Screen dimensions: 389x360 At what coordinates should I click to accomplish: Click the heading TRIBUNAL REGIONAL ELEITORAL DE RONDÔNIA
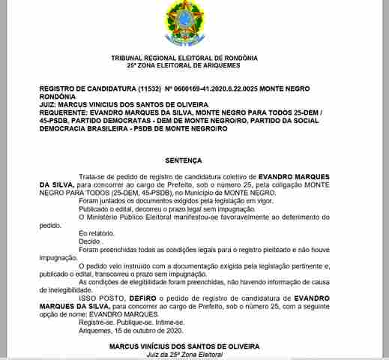pyautogui.click(x=184, y=58)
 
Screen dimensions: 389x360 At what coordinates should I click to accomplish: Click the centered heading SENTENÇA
pyautogui.click(x=184, y=160)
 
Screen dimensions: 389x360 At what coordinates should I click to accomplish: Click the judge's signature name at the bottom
pyautogui.click(x=184, y=347)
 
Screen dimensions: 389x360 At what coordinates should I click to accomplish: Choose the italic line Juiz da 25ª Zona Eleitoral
pyautogui.click(x=184, y=355)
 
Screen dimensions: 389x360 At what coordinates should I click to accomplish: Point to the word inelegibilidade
pyautogui.click(x=65, y=289)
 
